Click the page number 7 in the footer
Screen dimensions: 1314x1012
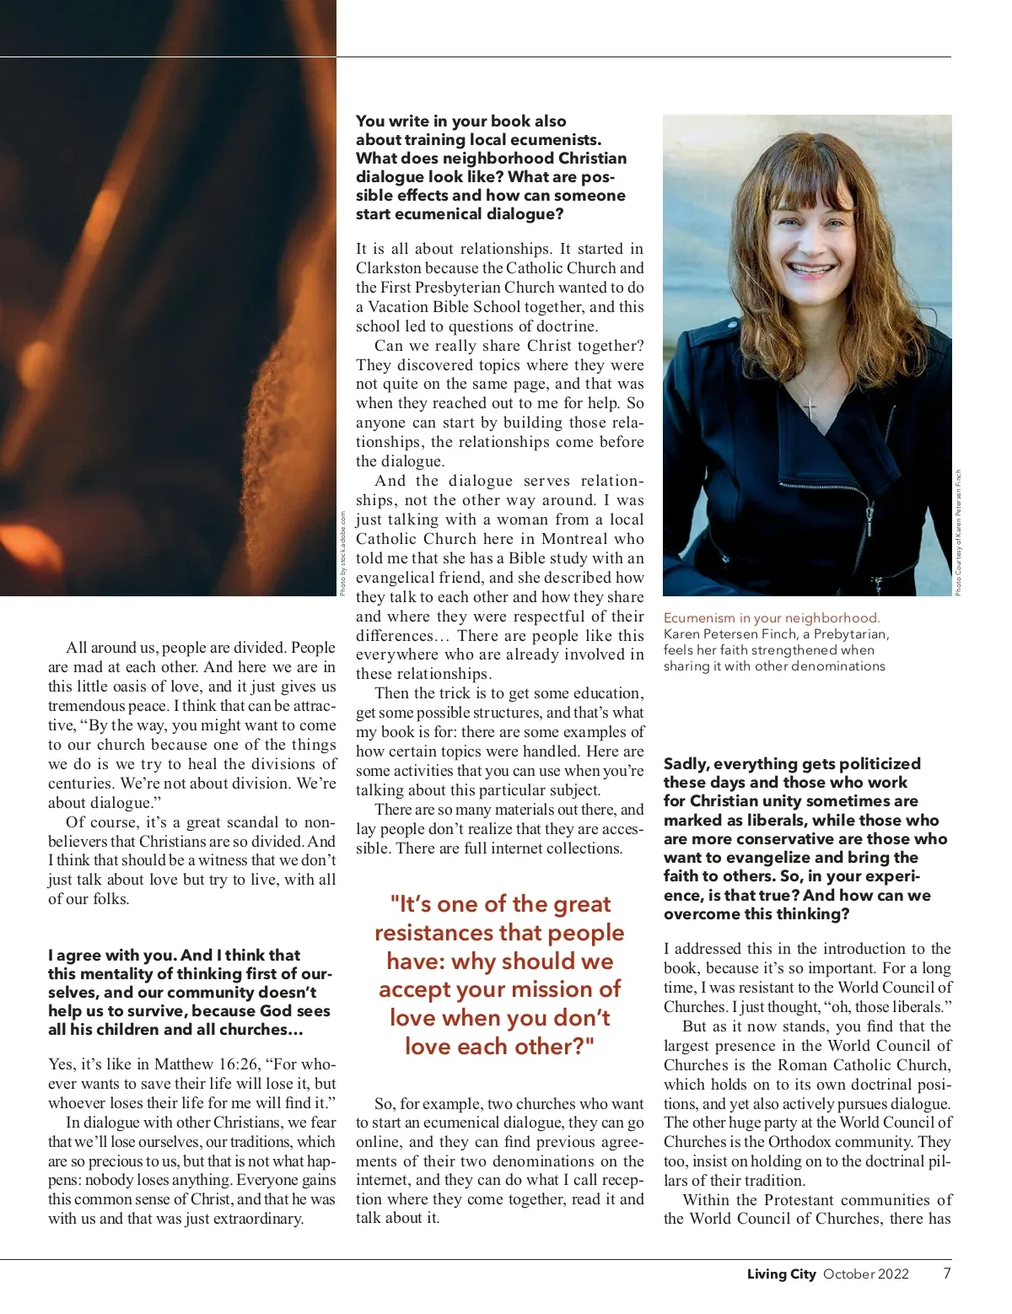click(x=947, y=1274)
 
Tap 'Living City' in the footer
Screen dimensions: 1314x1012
click(x=781, y=1274)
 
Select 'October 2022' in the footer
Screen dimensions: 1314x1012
click(x=866, y=1274)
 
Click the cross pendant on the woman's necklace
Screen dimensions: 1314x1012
click(x=810, y=409)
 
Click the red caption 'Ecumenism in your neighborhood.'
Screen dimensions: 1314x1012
click(x=772, y=618)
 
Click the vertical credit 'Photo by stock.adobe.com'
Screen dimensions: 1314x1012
click(x=342, y=553)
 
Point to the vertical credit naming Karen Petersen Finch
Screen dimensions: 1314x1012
click(x=958, y=533)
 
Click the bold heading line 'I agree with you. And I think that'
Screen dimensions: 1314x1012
click(x=174, y=956)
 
